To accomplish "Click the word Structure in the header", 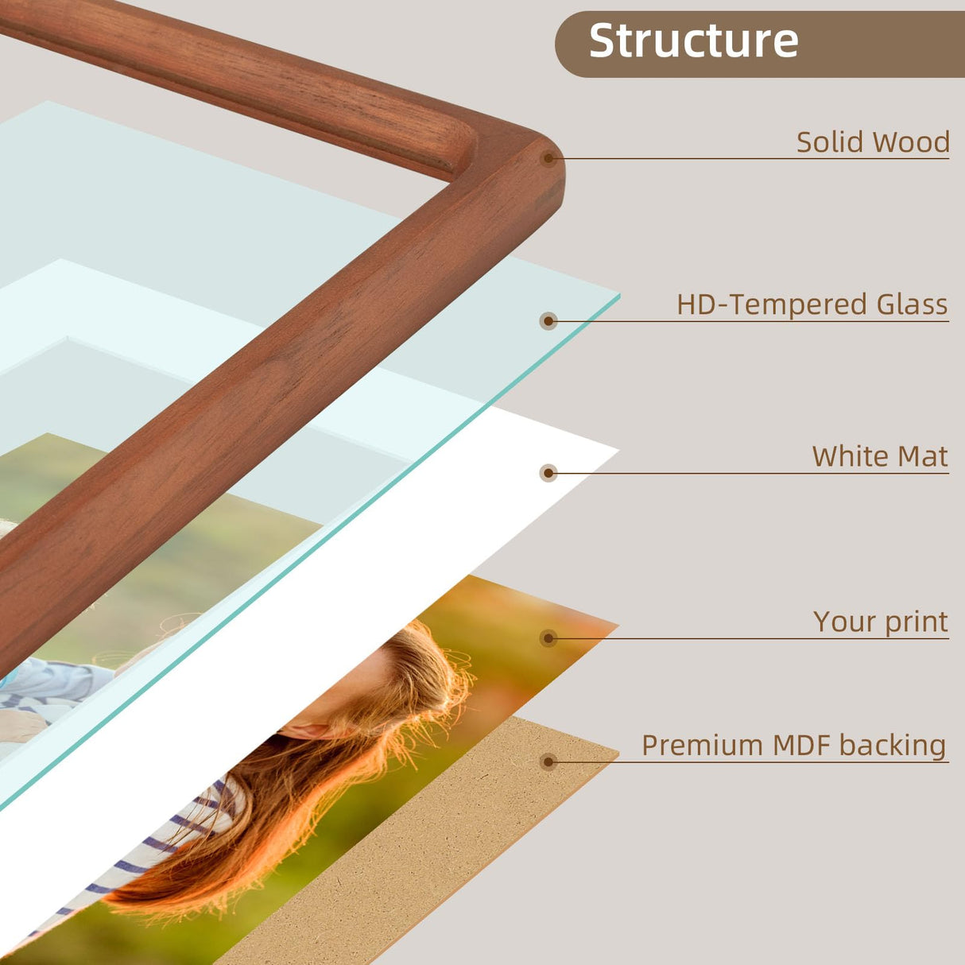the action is coord(693,41).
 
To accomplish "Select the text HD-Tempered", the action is coord(771,304).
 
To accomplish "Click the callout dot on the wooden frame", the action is coord(548,158).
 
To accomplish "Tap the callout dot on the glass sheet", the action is coord(548,321).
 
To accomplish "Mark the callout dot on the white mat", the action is coord(548,473).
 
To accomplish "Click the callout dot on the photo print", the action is coord(548,638).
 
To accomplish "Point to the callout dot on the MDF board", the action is coord(548,762).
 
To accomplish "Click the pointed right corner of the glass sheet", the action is coord(619,296).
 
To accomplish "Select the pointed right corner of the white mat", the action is coord(619,451).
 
